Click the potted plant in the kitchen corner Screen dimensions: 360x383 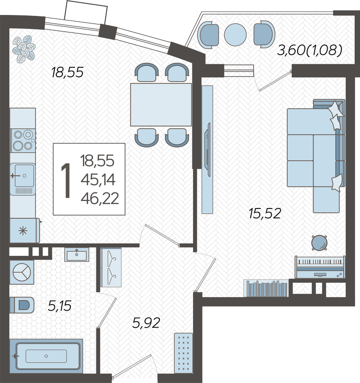tap(24, 49)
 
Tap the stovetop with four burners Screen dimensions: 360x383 tap(23, 141)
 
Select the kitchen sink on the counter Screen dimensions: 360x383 tap(23, 179)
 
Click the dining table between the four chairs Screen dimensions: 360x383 tap(161, 105)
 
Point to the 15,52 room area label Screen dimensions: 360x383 tap(265, 213)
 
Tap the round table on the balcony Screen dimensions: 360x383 tap(235, 34)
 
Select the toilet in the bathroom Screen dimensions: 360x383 tap(22, 305)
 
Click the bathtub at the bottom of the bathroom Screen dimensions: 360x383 tap(46, 356)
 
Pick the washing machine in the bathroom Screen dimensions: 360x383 tap(22, 272)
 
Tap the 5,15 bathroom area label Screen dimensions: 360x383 tap(60, 306)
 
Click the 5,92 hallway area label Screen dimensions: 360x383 tap(146, 323)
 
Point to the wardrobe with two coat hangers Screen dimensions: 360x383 tap(111, 267)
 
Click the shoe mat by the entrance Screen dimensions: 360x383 tap(183, 353)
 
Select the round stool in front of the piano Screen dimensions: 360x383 tap(320, 242)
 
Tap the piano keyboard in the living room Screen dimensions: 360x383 tap(320, 267)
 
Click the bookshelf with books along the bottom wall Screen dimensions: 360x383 tap(266, 288)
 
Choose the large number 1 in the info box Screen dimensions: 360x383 tap(65, 180)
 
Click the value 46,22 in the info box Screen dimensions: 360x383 tap(100, 198)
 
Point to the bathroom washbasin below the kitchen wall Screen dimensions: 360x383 tap(77, 254)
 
